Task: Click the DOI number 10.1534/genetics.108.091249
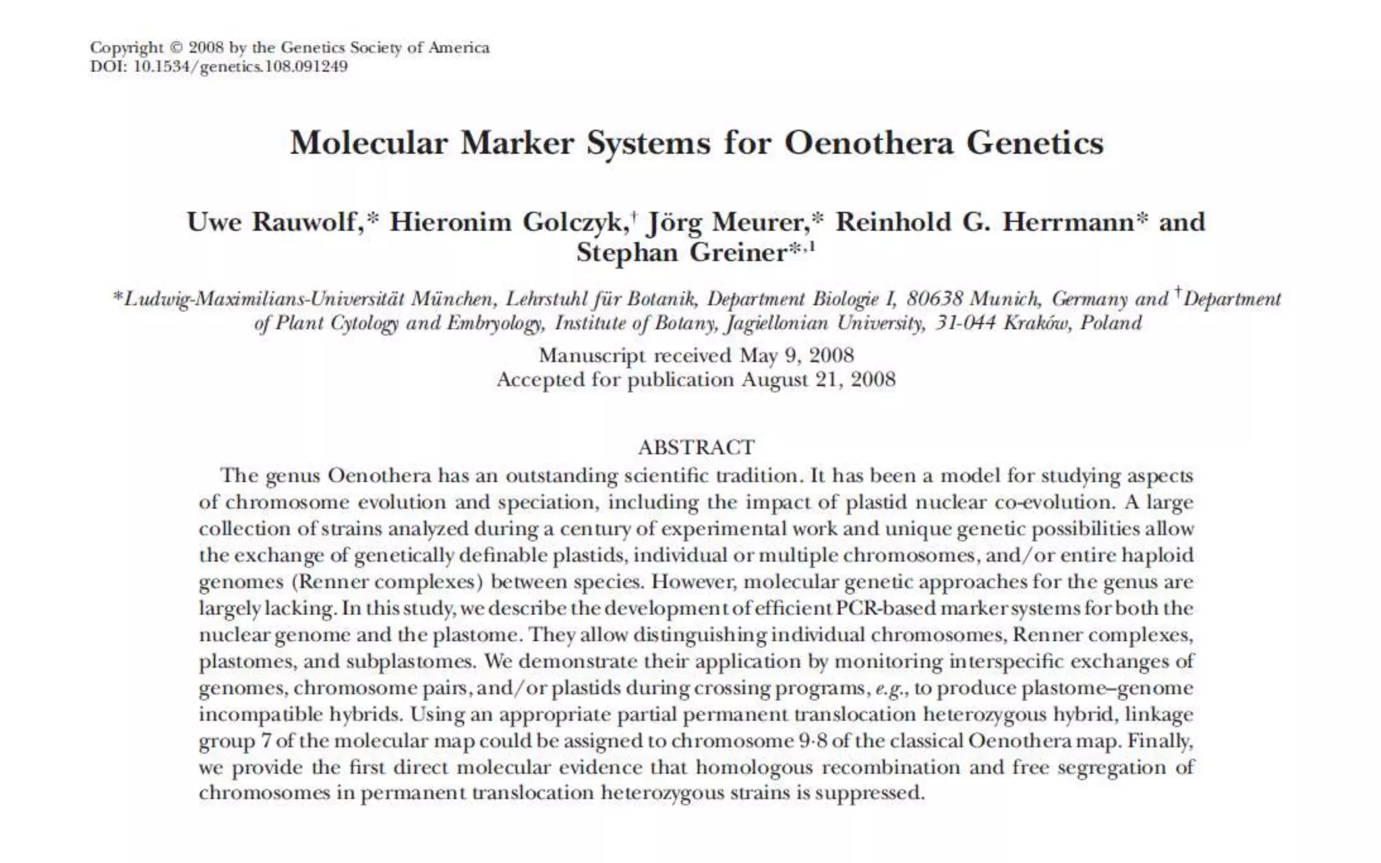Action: tap(241, 67)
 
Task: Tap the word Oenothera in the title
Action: tap(869, 143)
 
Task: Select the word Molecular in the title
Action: tap(369, 143)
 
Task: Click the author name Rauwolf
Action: tap(304, 222)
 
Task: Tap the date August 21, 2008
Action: tap(819, 380)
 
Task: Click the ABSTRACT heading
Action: tap(696, 447)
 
